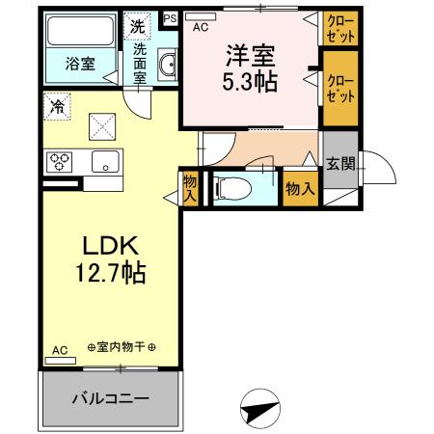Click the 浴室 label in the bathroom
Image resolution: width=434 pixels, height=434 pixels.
tap(80, 64)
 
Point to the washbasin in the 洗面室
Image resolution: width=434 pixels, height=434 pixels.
tap(168, 66)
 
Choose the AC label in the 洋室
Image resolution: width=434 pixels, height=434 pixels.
tap(201, 27)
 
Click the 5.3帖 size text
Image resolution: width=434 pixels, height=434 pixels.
tap(252, 81)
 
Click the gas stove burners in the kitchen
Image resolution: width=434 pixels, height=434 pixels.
tap(59, 161)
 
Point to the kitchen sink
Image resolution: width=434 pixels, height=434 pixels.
tap(103, 161)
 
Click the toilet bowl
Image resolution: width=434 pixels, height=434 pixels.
tap(237, 188)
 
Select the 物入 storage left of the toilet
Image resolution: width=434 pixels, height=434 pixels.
tap(190, 187)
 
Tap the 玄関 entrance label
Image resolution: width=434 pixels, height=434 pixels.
tap(339, 164)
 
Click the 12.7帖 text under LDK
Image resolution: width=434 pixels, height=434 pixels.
tap(109, 275)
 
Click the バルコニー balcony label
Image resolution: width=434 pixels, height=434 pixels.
tap(109, 398)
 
